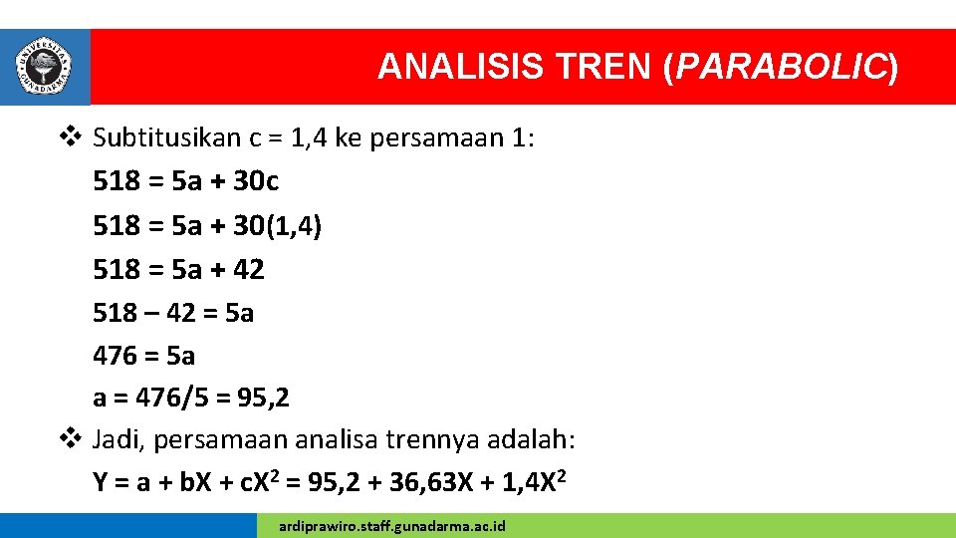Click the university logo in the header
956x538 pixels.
[45, 67]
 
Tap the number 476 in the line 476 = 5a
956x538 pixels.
[115, 356]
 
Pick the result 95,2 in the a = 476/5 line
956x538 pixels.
[261, 399]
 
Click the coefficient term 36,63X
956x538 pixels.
[421, 483]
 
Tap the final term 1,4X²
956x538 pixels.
[531, 483]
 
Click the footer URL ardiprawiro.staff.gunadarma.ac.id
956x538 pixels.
[392, 525]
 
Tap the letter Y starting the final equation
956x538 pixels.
[101, 483]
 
